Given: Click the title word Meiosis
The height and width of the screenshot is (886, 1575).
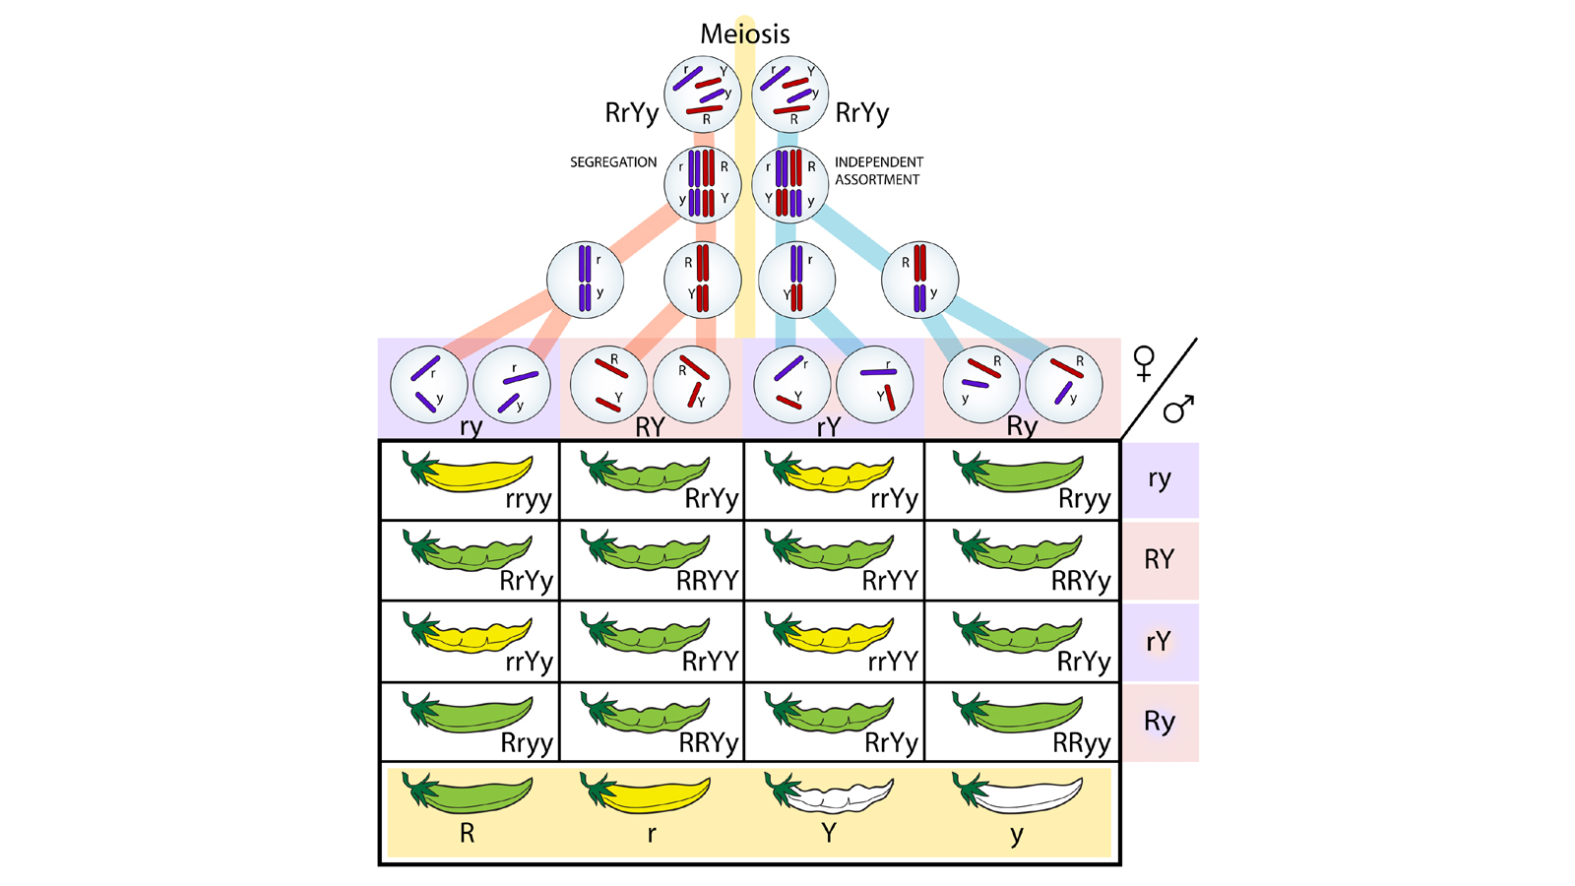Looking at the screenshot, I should [x=744, y=34].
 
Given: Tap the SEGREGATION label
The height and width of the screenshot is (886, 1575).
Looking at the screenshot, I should [x=613, y=162].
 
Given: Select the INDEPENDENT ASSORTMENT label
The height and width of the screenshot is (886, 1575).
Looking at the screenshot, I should [x=878, y=170].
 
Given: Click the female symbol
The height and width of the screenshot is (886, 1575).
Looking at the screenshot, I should [x=1144, y=363].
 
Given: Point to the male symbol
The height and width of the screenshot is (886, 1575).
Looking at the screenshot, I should [x=1178, y=408].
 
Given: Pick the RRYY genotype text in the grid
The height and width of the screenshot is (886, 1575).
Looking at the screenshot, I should [x=707, y=581].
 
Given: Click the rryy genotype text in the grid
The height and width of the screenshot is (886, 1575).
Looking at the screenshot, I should [x=529, y=500].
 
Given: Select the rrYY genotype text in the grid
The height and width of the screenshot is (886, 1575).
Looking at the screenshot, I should [x=893, y=662].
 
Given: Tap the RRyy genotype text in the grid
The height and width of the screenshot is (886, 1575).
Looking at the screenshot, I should [x=1081, y=743].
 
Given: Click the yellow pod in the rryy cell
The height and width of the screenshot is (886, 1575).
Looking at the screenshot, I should [x=469, y=472].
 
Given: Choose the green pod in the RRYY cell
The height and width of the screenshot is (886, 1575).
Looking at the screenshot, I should [x=646, y=552].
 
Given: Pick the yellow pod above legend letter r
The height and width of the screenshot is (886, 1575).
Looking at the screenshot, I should [x=646, y=792].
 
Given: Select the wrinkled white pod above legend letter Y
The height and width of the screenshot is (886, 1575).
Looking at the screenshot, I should [x=829, y=792].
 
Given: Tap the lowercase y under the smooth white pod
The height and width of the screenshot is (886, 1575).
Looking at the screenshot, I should [x=1017, y=835].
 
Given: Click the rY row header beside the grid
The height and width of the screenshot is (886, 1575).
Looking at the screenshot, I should [x=1159, y=642].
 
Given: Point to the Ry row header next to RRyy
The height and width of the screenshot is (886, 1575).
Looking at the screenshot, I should [x=1160, y=722].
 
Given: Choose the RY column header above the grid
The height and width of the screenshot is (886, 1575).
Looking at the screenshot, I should [x=650, y=427].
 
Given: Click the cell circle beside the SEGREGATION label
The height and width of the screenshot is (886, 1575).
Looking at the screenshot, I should [x=702, y=183].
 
